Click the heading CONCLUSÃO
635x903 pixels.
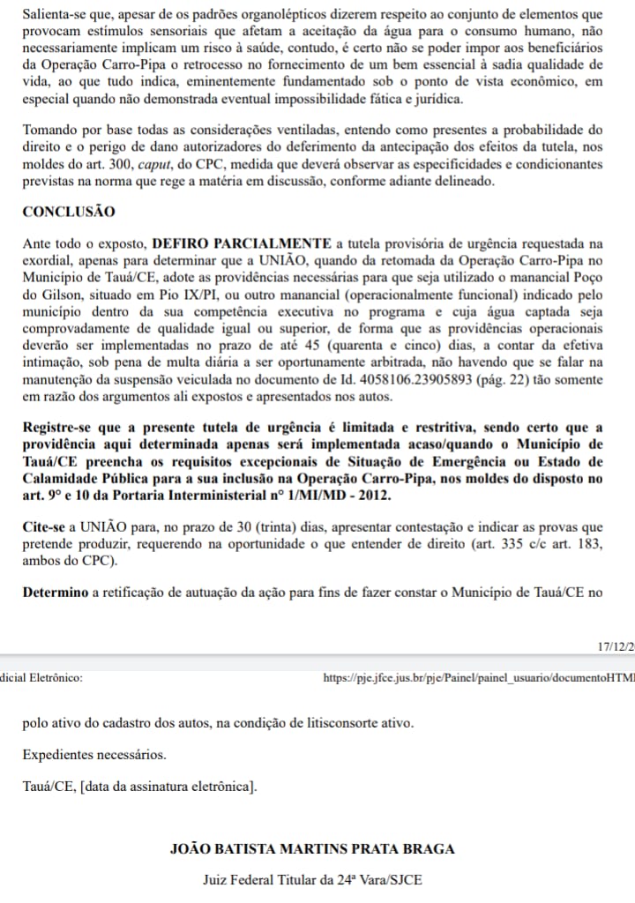[68, 212]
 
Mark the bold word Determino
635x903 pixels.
[57, 592]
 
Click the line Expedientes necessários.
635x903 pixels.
[94, 755]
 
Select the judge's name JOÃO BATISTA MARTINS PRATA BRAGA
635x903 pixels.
[313, 849]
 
